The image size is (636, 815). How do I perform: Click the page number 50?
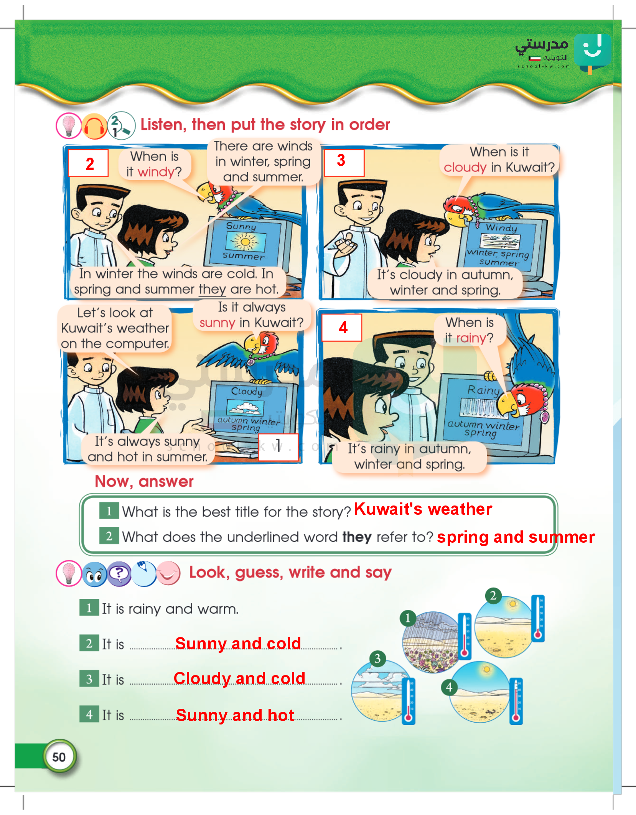[x=59, y=757]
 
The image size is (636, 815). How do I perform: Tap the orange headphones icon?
[x=94, y=126]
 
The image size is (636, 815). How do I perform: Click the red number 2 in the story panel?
[x=90, y=164]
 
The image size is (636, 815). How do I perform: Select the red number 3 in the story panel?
[x=341, y=160]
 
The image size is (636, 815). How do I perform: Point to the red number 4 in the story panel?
[x=343, y=328]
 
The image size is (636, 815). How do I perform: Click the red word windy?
[x=156, y=172]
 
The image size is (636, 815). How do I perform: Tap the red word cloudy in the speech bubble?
[x=465, y=168]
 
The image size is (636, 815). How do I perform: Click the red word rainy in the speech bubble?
[x=471, y=338]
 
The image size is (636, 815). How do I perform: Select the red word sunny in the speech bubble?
[x=217, y=323]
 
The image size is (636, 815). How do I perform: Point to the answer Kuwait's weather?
[x=423, y=509]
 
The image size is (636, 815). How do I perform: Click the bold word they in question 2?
[x=357, y=537]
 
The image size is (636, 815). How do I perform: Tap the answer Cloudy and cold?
[x=239, y=678]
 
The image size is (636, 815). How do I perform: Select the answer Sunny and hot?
[x=235, y=715]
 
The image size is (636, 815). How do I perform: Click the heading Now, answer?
[x=144, y=482]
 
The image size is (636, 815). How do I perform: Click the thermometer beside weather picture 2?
[x=538, y=617]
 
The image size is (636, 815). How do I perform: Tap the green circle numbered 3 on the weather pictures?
[x=377, y=659]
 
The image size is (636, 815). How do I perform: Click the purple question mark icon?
[x=119, y=574]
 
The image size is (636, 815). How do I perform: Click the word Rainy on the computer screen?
[x=484, y=391]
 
